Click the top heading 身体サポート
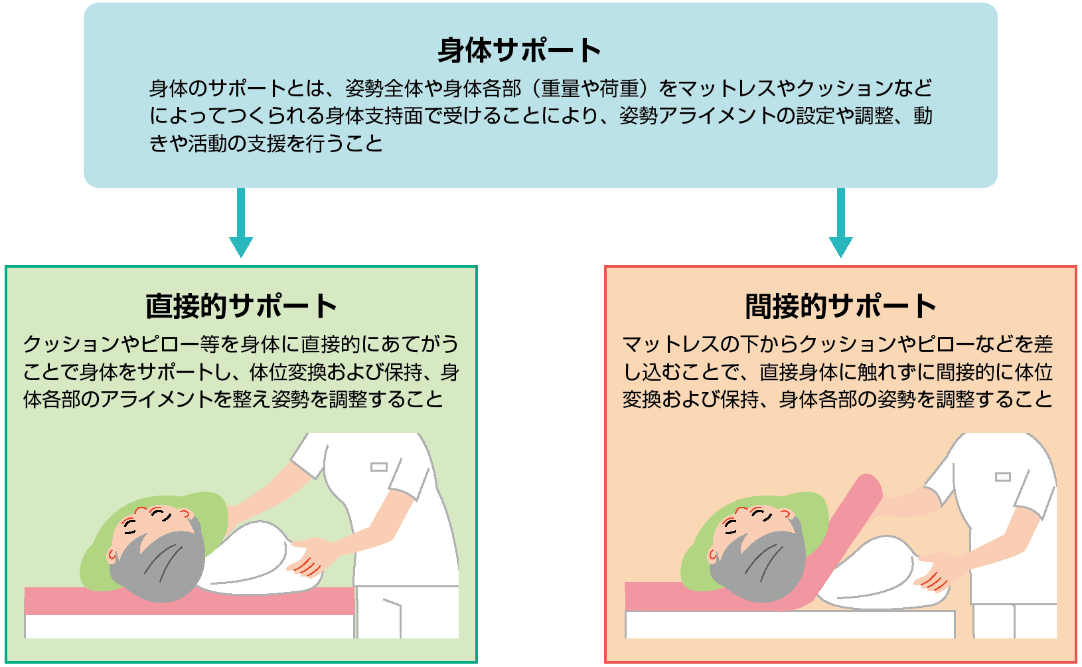519,50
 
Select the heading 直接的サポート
241,306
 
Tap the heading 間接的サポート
840,306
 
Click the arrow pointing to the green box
241,226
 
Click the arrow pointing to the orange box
840,226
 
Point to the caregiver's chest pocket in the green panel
378,467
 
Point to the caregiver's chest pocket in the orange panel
1002,477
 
